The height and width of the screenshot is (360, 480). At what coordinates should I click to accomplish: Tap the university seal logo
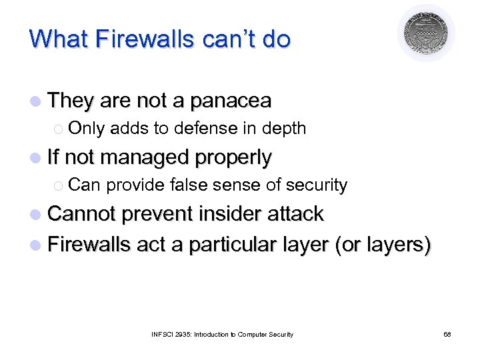[426, 33]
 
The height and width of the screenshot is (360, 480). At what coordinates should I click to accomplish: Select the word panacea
[231, 101]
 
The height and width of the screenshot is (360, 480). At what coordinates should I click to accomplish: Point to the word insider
[228, 214]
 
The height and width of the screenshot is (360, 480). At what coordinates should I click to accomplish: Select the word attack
[296, 214]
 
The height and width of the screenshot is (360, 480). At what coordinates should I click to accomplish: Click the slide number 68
[447, 334]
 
